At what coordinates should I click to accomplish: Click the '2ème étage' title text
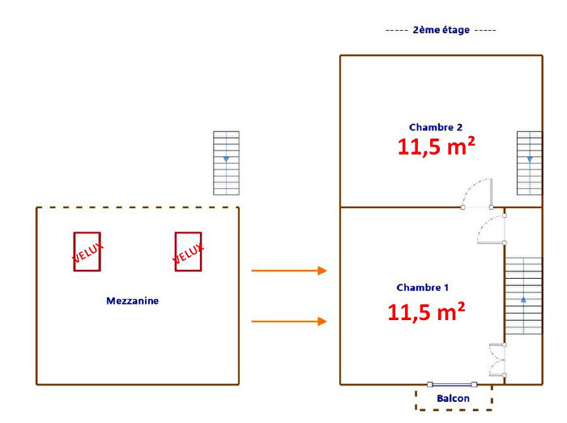point(441,30)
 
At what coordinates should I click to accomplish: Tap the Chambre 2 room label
point(436,127)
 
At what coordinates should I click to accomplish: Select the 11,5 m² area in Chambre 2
point(436,147)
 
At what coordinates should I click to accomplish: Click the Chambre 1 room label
point(423,288)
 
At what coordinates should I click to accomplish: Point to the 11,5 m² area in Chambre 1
point(425,312)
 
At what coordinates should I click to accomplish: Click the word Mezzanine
point(132,301)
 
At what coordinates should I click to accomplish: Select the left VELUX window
point(87,251)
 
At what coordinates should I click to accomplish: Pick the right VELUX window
point(188,251)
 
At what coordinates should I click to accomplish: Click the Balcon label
point(453,399)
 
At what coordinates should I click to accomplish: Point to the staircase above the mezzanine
point(226,163)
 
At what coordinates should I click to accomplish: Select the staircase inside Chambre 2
point(529,163)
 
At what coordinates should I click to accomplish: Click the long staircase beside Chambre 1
point(523,296)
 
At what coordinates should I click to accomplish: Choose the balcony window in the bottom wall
point(453,384)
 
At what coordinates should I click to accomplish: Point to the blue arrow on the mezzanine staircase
point(226,159)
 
